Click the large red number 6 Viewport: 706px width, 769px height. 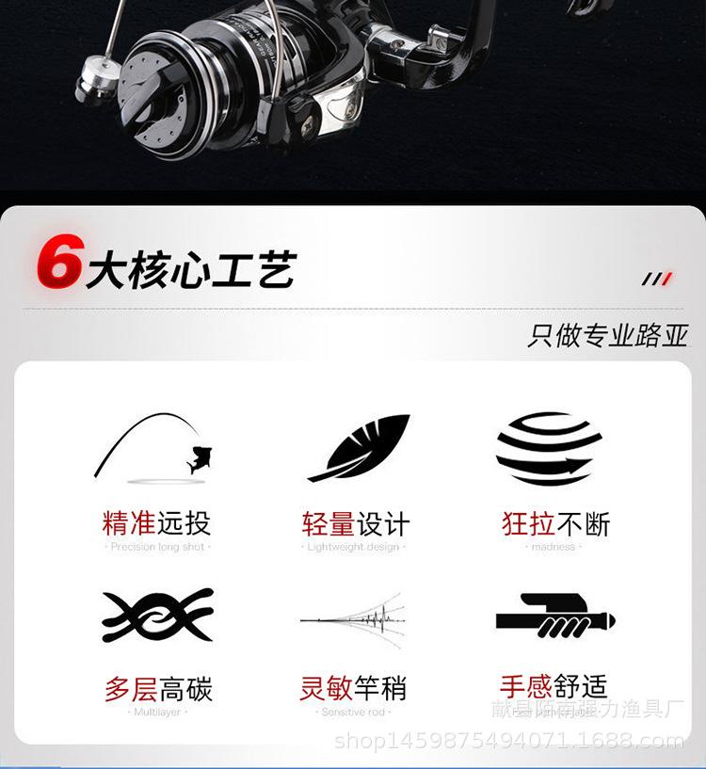click(x=59, y=261)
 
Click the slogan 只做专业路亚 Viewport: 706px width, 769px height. click(x=608, y=336)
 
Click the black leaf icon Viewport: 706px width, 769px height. click(x=359, y=446)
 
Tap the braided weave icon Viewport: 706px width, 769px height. click(x=157, y=617)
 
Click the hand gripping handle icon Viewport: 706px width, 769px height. click(x=555, y=617)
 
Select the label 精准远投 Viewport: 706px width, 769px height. click(x=156, y=522)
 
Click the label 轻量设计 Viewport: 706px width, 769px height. click(x=356, y=523)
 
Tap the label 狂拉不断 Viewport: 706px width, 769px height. click(x=555, y=523)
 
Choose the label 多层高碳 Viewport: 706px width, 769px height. click(x=158, y=689)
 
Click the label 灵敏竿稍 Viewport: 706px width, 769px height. click(x=353, y=689)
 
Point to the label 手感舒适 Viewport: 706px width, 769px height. click(x=554, y=686)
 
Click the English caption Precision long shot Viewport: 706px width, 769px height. click(x=157, y=547)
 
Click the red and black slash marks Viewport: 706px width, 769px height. click(x=656, y=280)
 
